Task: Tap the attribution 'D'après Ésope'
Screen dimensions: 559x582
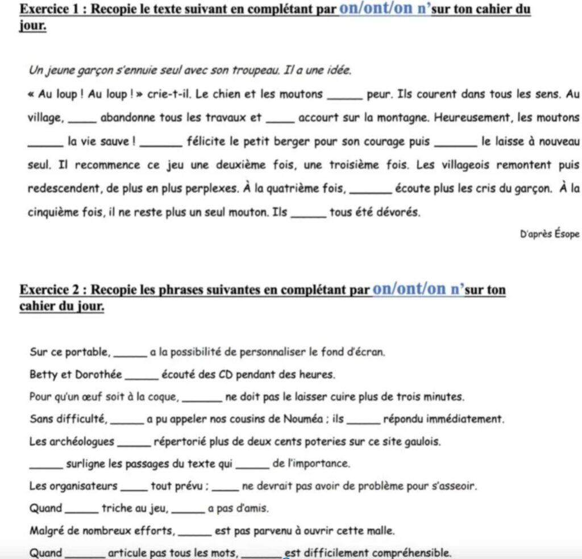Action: point(550,234)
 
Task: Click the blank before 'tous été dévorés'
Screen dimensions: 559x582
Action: point(309,213)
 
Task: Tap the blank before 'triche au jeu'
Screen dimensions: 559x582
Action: point(82,509)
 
